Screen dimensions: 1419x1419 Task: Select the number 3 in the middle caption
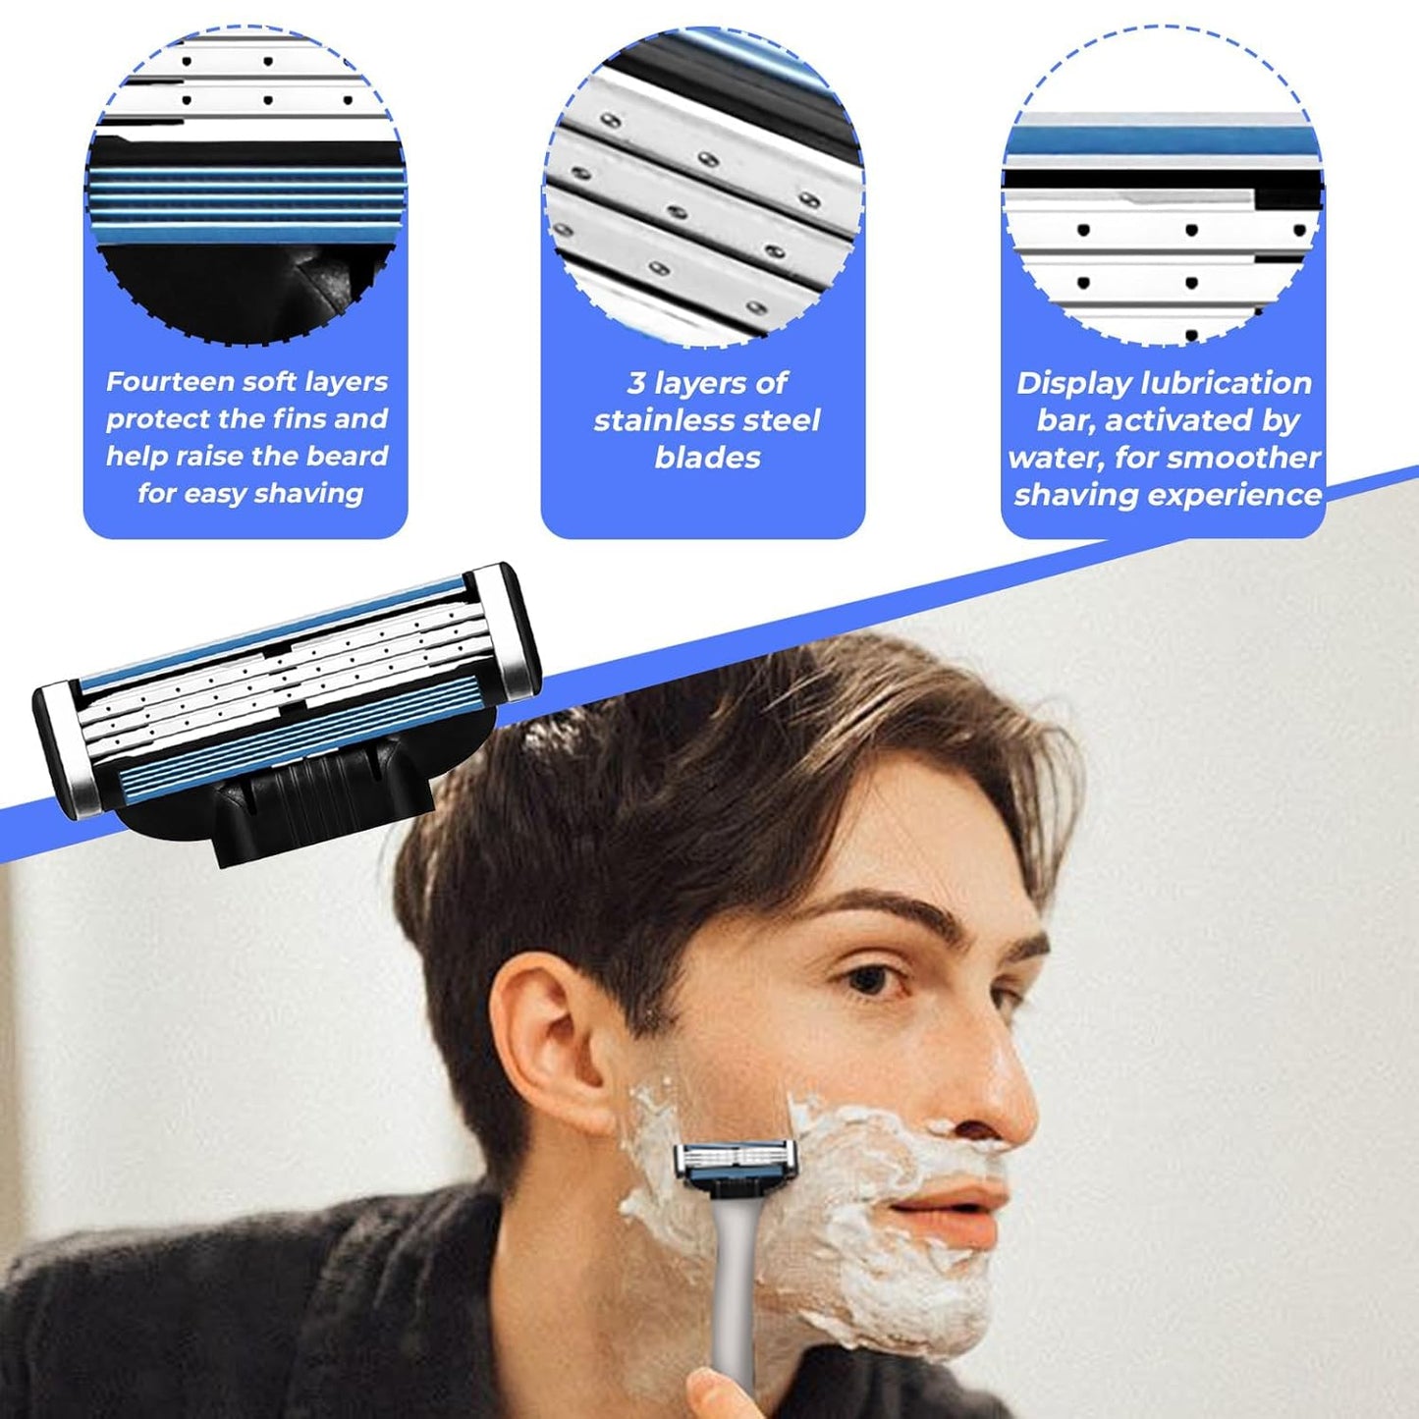click(635, 383)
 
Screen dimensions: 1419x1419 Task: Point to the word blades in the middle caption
click(707, 458)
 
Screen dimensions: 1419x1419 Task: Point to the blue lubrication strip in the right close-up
click(1161, 142)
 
